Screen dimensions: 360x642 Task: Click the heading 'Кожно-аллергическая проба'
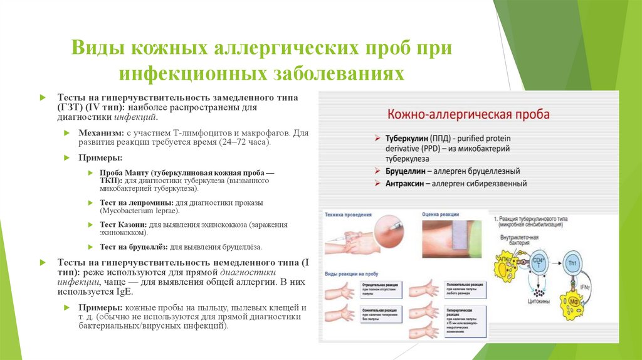pyautogui.click(x=468, y=114)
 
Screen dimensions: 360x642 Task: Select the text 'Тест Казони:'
pyautogui.click(x=124, y=225)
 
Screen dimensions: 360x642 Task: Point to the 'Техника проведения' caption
pyautogui.click(x=349, y=214)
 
